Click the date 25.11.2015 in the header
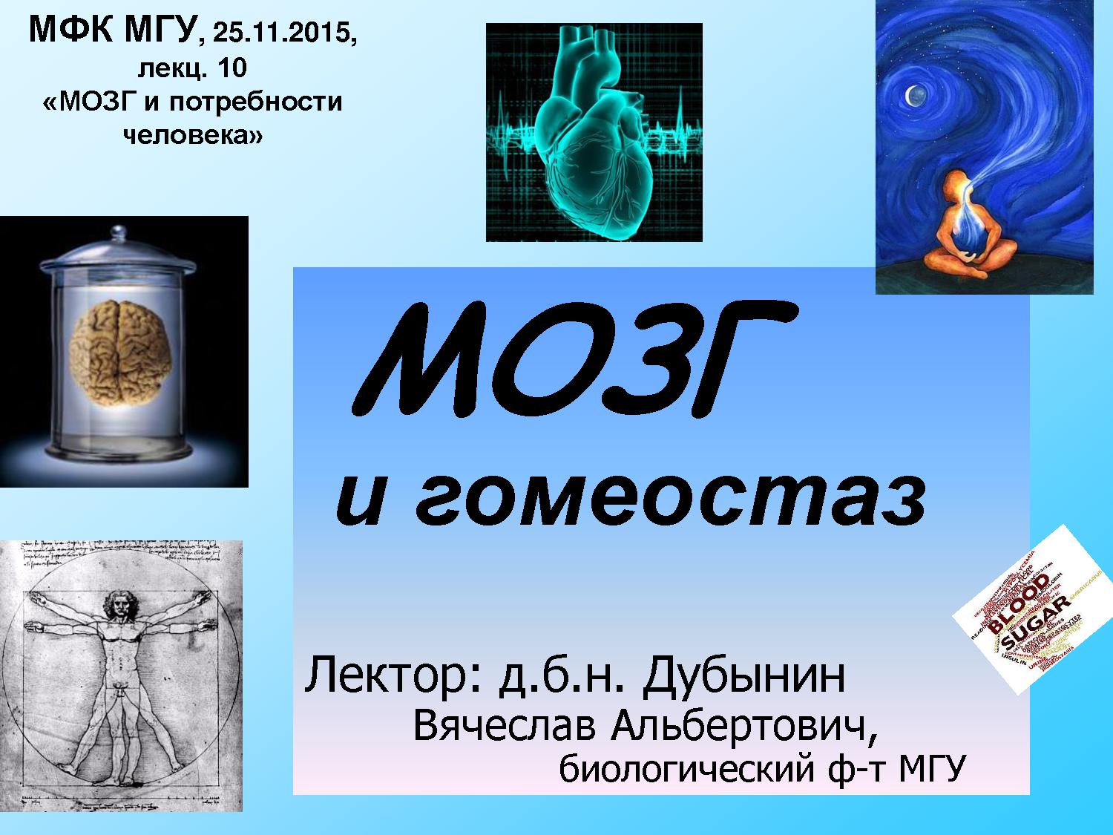[283, 33]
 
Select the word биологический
[683, 770]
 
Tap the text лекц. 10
[191, 68]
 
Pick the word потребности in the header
[256, 101]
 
